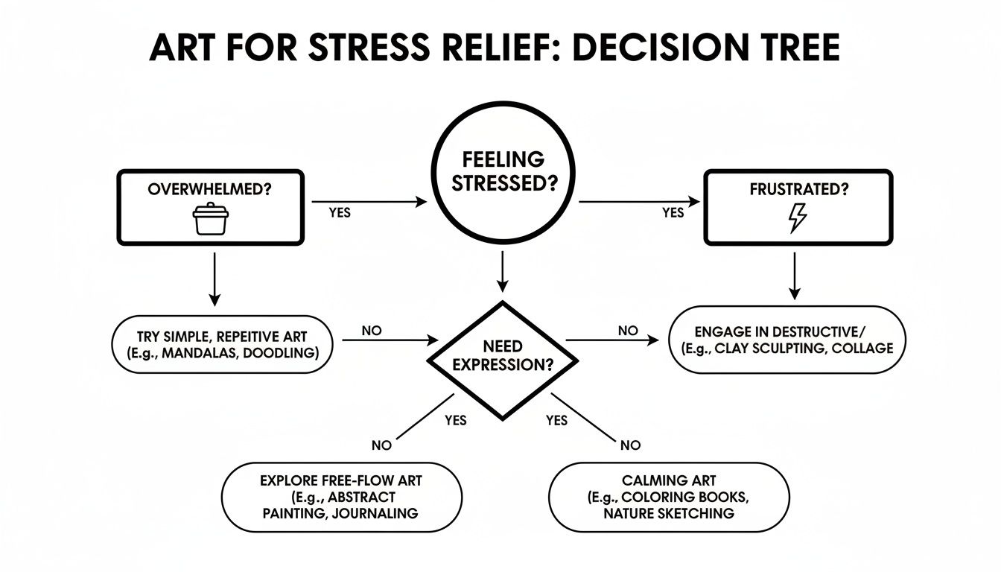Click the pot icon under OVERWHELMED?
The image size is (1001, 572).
[x=211, y=220]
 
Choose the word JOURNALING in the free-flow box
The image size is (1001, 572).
[x=377, y=513]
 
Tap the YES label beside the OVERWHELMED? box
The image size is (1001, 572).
[x=340, y=213]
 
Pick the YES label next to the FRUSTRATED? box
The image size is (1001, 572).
[x=673, y=213]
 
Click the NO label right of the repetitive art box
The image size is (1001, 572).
[x=372, y=330]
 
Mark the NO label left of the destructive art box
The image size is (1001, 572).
[x=628, y=330]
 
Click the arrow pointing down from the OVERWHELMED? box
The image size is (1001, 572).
[x=214, y=279]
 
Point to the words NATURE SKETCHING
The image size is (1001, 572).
[x=669, y=514]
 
